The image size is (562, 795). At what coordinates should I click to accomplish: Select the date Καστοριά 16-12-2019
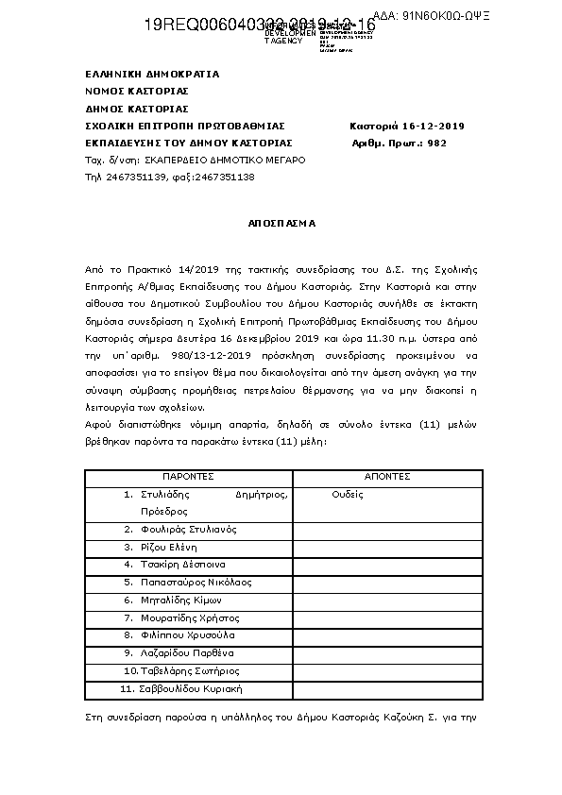(406, 127)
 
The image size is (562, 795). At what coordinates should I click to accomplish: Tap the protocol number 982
(436, 144)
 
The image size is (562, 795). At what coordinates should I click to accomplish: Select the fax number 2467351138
(226, 178)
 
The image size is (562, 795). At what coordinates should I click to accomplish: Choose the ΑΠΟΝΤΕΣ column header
(386, 477)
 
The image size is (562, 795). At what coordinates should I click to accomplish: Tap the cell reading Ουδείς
(348, 494)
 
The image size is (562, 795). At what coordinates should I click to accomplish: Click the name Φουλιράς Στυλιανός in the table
(188, 529)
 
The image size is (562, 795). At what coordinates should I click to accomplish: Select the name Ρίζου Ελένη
(168, 547)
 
